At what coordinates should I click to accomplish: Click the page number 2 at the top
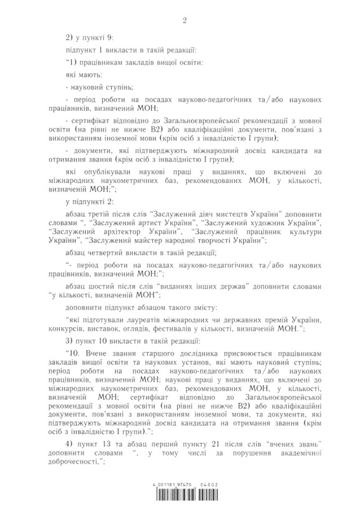pos(184,20)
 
